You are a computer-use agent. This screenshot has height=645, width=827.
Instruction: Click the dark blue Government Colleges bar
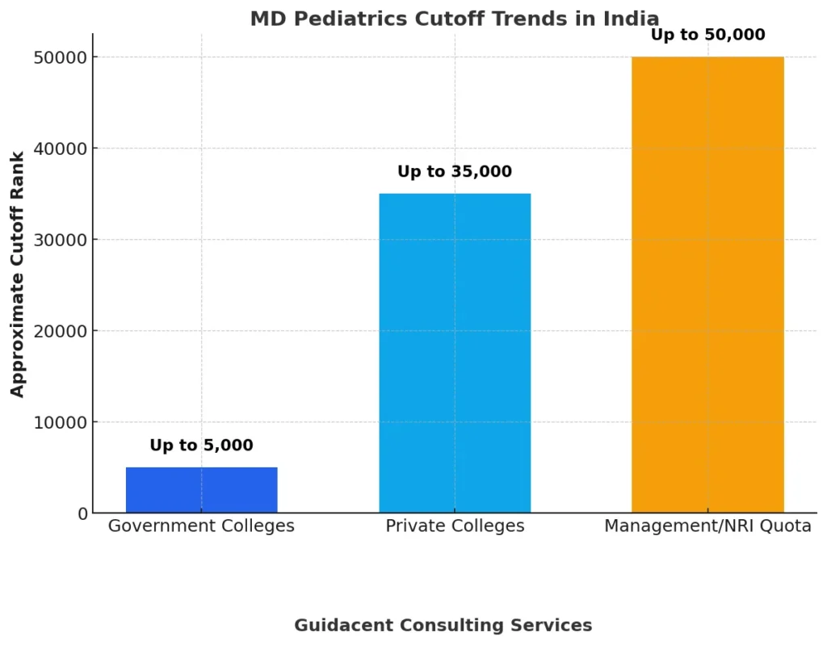point(201,490)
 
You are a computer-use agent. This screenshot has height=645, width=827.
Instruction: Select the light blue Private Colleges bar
point(455,353)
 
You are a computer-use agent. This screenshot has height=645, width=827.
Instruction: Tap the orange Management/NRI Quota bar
point(707,285)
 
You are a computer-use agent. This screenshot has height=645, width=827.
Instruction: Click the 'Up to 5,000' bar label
point(201,446)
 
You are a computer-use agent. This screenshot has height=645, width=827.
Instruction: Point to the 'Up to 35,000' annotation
point(455,172)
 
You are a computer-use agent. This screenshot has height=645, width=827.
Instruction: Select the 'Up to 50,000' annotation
point(707,35)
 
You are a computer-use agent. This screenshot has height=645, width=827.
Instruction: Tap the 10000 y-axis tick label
point(60,422)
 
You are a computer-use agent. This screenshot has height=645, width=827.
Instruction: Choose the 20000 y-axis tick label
point(60,331)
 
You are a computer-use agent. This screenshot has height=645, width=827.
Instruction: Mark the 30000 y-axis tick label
point(60,240)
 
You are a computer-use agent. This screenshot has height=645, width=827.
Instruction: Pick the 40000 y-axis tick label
point(60,149)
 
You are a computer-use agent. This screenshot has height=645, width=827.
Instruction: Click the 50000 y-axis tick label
point(60,57)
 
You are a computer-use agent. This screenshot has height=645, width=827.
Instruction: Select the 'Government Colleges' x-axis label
point(201,526)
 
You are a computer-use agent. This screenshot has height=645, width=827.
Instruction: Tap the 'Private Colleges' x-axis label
point(455,526)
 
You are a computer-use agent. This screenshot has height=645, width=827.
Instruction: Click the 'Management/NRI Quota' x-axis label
point(707,526)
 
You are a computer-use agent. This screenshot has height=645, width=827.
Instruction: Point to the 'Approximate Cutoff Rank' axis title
point(18,274)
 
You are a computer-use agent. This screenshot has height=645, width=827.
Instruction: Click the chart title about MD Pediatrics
point(455,19)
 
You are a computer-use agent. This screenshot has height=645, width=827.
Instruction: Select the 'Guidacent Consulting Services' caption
point(443,625)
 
